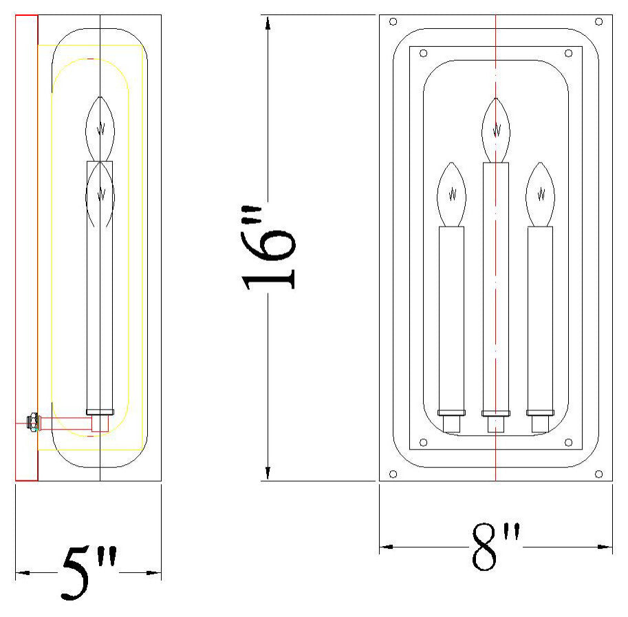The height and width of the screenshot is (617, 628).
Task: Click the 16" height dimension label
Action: tap(269, 247)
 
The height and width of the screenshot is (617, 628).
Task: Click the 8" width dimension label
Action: tap(495, 546)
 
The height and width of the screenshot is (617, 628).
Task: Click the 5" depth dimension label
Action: tap(89, 572)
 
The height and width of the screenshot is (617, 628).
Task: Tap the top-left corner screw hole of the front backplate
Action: tap(393, 21)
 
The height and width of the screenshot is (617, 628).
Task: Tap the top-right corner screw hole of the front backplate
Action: tap(598, 21)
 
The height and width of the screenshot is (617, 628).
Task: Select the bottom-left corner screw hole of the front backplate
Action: tap(393, 474)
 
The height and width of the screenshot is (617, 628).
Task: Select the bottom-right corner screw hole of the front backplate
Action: tap(598, 474)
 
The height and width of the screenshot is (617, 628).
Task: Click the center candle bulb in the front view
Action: tap(496, 130)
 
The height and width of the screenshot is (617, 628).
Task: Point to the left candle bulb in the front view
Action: tap(452, 194)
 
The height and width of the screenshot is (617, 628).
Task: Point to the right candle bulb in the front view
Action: tap(540, 194)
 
